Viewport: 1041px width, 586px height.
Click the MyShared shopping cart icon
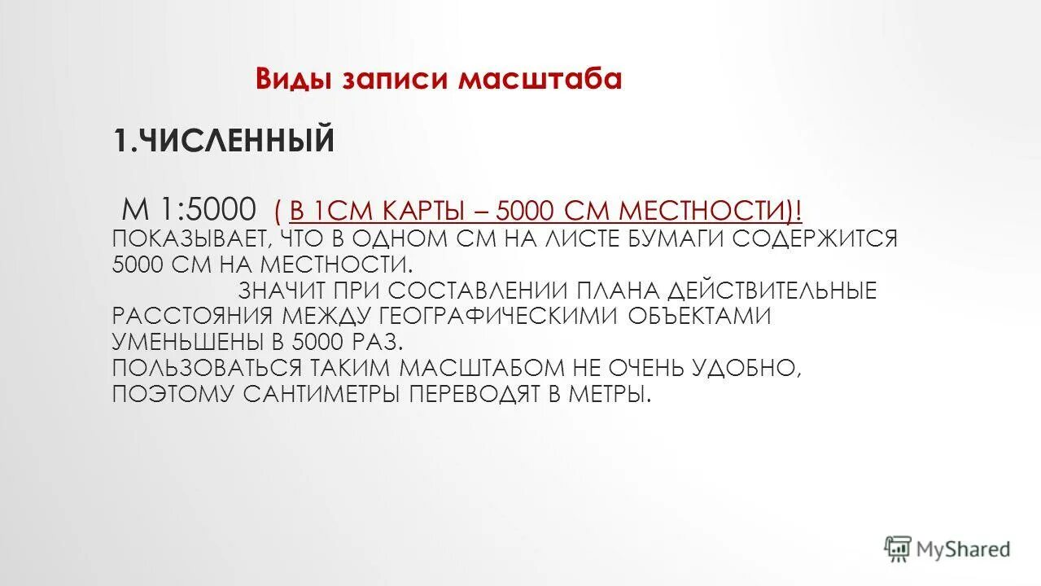[x=897, y=549]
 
